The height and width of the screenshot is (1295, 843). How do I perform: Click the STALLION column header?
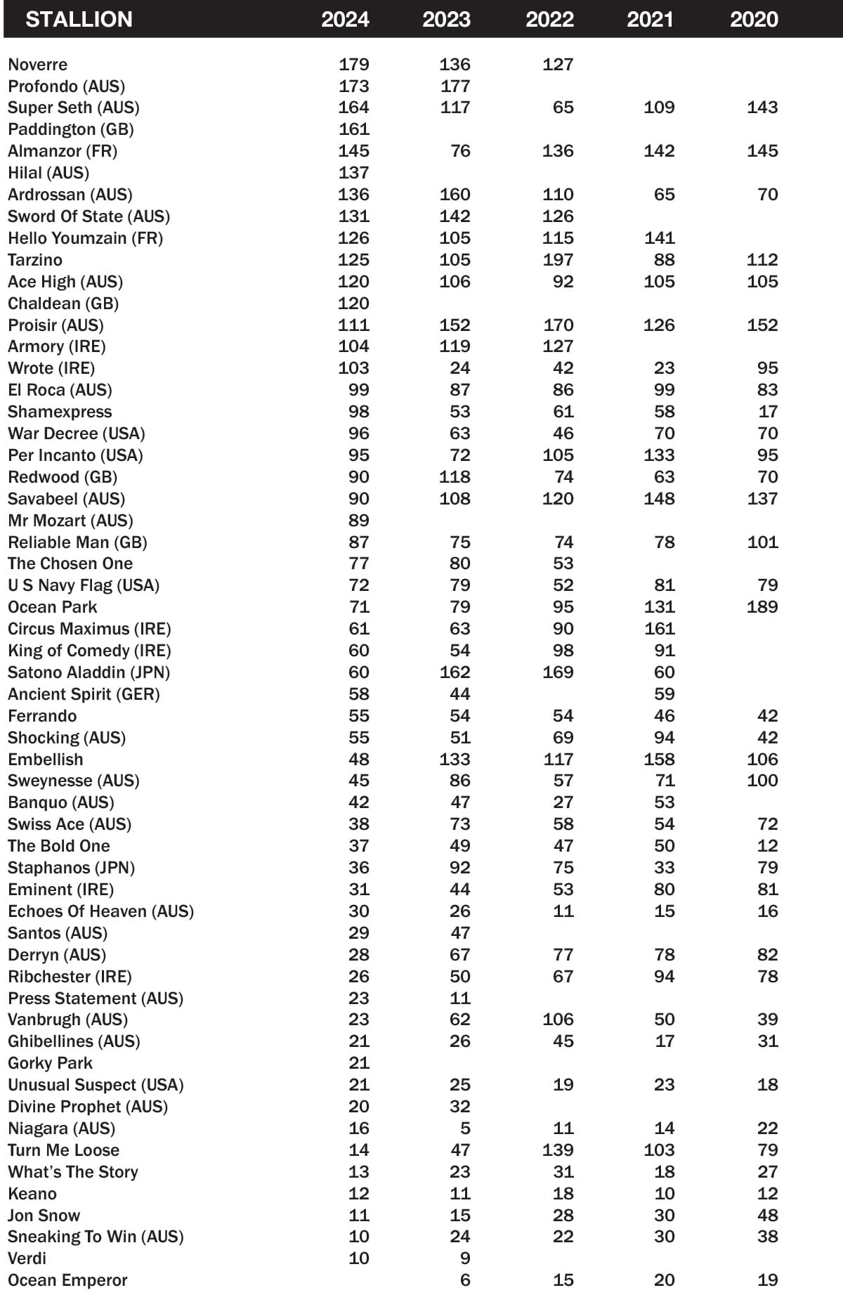click(x=79, y=19)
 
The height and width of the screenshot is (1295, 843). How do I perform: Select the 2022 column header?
click(x=549, y=19)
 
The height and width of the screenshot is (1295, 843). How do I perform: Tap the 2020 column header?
click(x=754, y=19)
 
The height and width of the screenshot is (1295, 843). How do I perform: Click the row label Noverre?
click(x=38, y=65)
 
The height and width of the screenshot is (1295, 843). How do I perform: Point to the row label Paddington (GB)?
click(x=71, y=129)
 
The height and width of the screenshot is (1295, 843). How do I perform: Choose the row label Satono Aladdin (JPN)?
click(x=89, y=672)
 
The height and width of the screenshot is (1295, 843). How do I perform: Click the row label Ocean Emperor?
click(x=68, y=1280)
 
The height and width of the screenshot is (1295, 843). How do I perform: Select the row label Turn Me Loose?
click(x=64, y=1150)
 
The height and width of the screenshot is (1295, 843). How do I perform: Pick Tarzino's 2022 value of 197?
click(x=558, y=260)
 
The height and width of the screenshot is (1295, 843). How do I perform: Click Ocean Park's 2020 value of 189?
click(x=762, y=607)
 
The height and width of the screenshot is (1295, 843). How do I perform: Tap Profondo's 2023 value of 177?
click(x=455, y=86)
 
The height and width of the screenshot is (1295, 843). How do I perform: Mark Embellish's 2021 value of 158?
click(x=659, y=760)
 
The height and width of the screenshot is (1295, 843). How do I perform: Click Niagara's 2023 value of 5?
click(x=465, y=1128)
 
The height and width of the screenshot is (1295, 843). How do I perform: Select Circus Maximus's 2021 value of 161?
click(x=659, y=629)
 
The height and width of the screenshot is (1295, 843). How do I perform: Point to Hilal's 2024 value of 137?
click(x=353, y=173)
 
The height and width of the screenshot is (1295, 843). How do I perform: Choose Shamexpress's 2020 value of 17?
click(x=768, y=412)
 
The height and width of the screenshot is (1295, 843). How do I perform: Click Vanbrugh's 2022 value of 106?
click(x=558, y=1020)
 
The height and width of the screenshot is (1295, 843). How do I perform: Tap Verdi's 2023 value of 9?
click(x=465, y=1258)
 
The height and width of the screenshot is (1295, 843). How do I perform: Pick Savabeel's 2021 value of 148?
click(x=659, y=499)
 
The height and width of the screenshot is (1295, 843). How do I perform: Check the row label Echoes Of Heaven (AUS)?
click(x=101, y=911)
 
